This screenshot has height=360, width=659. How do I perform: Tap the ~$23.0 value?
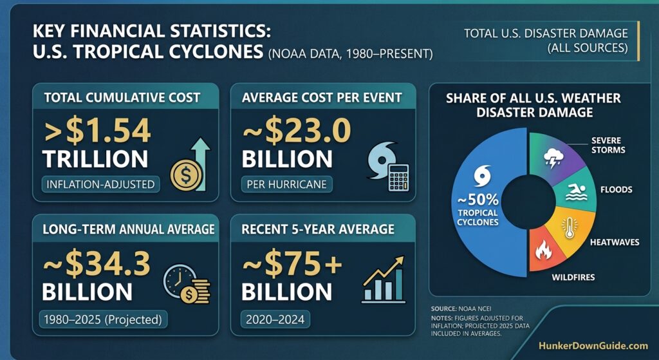pyautogui.click(x=296, y=131)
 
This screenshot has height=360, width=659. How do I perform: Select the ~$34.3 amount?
pyautogui.click(x=97, y=263)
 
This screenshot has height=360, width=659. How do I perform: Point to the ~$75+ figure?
pyautogui.click(x=293, y=263)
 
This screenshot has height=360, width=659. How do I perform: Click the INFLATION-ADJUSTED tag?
pyautogui.click(x=100, y=184)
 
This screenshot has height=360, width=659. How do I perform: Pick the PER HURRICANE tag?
pyautogui.click(x=286, y=184)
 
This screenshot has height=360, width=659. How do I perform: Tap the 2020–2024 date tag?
pyautogui.click(x=275, y=319)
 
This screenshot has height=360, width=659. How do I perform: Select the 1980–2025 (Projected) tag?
pyautogui.click(x=104, y=319)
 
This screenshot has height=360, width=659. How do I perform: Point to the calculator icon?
pyautogui.click(x=398, y=178)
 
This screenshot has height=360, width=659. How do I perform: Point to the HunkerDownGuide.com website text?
pyautogui.click(x=593, y=346)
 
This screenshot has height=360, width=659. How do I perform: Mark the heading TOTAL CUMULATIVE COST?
pyautogui.click(x=122, y=98)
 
